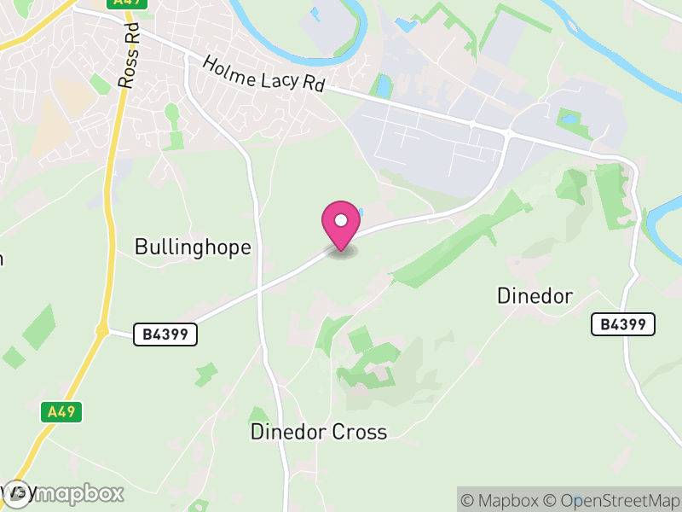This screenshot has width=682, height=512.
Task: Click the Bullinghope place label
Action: pos(193,247)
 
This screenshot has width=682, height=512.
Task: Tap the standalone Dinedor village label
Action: pos(535,296)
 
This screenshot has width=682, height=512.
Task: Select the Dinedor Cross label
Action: pos(318,432)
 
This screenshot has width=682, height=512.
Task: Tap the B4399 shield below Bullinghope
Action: pos(165,335)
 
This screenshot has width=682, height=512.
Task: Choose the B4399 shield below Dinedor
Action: pos(623,324)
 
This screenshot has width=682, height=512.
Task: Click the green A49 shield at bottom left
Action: pos(61,412)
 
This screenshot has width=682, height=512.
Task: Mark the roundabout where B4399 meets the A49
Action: pos(102,330)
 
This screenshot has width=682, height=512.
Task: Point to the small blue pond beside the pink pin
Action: pos(358,212)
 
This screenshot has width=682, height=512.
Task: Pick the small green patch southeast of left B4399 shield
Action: pos(205,374)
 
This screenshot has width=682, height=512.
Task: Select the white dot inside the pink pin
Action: pos(340,221)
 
